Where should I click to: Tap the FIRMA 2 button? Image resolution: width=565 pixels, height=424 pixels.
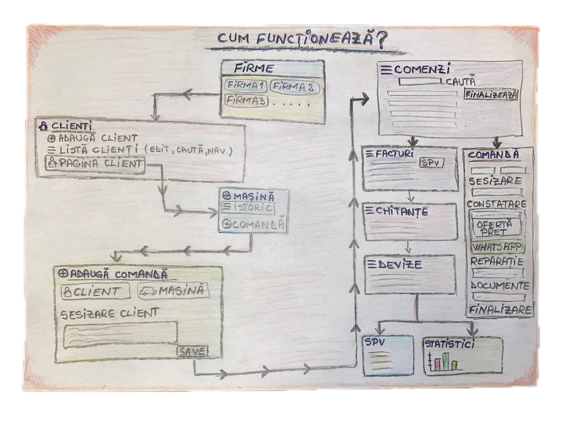click(x=294, y=87)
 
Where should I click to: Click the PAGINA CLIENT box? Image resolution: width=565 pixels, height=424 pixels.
click(x=95, y=164)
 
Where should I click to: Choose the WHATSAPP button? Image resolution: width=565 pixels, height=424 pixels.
click(x=497, y=247)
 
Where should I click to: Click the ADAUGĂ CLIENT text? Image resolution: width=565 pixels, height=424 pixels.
click(x=97, y=138)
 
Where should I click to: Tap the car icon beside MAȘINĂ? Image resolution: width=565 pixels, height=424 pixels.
click(x=148, y=291)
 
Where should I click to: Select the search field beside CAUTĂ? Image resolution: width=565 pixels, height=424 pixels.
click(x=420, y=82)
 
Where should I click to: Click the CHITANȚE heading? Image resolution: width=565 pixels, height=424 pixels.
click(x=398, y=212)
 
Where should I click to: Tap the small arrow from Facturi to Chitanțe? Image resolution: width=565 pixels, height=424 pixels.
click(x=409, y=196)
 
